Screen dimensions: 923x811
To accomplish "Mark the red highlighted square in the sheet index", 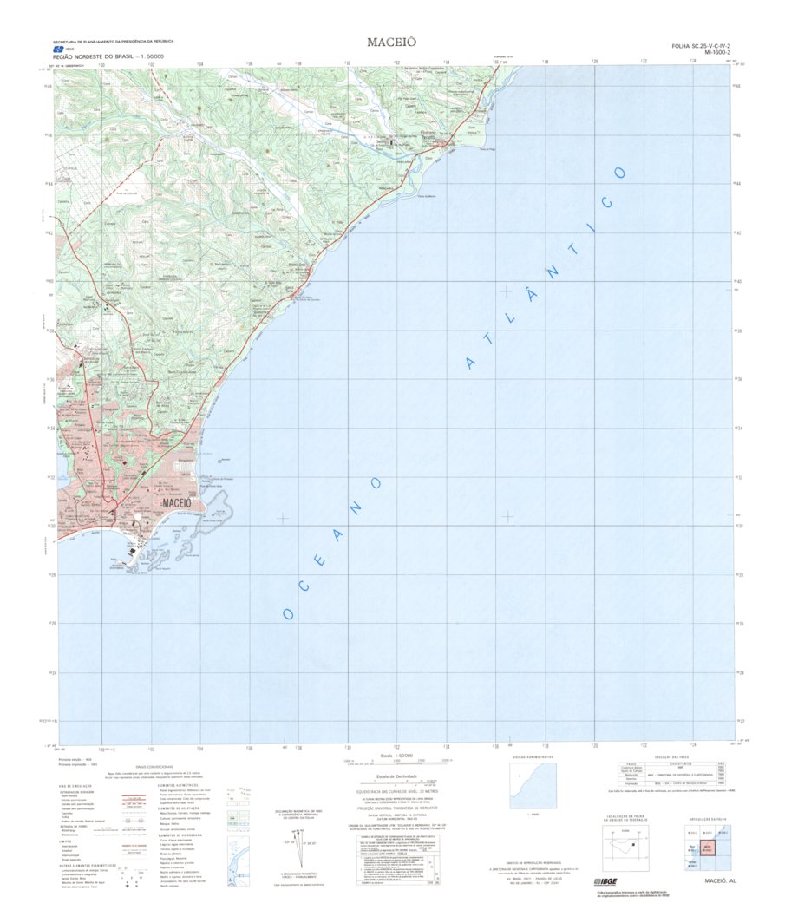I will click(x=707, y=847).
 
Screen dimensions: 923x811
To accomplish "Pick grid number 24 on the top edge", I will click(x=691, y=61).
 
